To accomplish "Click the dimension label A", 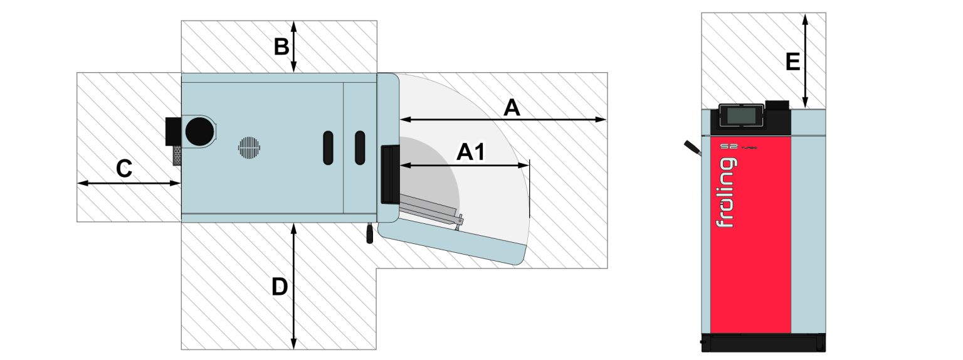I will pos(512,109).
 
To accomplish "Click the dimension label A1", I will pos(470,152).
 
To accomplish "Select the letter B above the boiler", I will pos(281,46).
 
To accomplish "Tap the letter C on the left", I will pos(124,169).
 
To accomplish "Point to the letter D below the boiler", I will pos(279,287).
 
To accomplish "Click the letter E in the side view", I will pos(792,62).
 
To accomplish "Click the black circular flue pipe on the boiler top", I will pos(199,132).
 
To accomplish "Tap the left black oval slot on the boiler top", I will pos(329,148).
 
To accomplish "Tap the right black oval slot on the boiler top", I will pos(360,148).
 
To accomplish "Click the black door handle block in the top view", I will pos(389,174).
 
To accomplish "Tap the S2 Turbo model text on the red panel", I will pos(739,147).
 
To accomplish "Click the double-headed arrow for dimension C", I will pos(129,183).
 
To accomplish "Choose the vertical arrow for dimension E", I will pos(805,61).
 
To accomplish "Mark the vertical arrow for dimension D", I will pos(293,285).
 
